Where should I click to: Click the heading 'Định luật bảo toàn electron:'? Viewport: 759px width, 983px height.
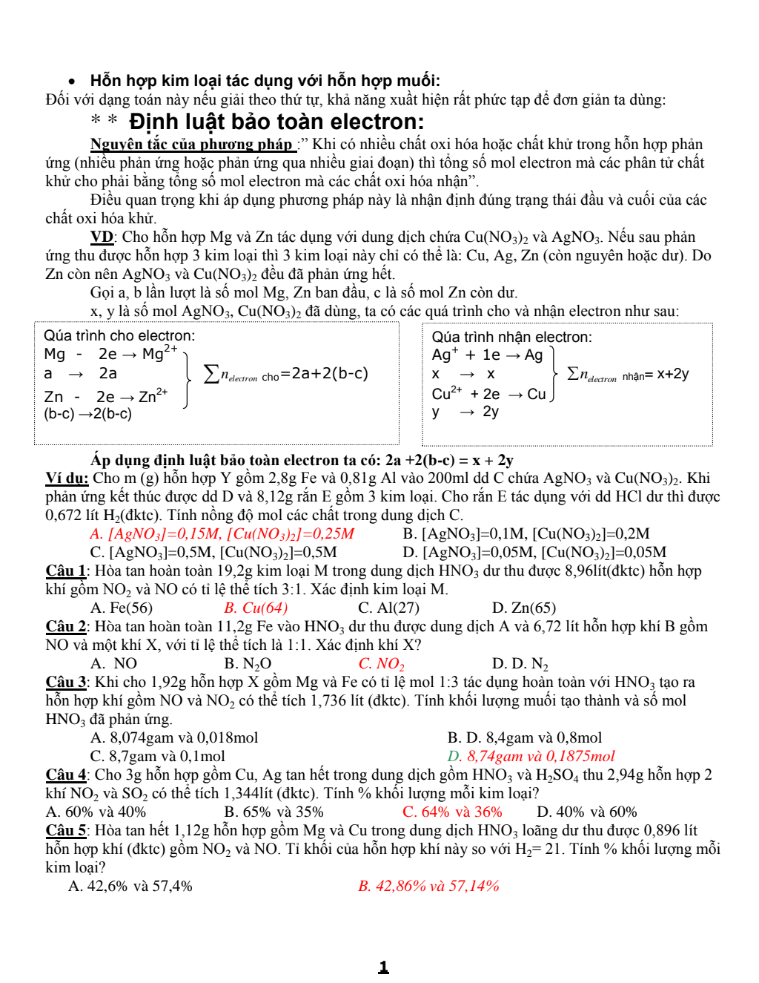tap(276, 122)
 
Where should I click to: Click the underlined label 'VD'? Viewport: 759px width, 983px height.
tap(102, 237)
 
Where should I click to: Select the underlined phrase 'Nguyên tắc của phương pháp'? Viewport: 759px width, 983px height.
tap(191, 144)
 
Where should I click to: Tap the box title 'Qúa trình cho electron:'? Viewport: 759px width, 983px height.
tap(119, 336)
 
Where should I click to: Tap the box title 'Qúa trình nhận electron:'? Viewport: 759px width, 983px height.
tap(511, 338)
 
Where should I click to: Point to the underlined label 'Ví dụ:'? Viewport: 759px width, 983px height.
tap(67, 478)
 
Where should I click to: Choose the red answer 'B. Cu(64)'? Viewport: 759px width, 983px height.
tap(256, 608)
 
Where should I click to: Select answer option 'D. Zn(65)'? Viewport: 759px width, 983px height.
tap(524, 608)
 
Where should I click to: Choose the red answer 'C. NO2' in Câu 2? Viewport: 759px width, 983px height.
tap(381, 663)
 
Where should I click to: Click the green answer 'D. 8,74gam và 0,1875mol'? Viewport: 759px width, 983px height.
tap(531, 756)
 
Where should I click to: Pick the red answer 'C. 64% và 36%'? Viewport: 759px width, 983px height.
tap(452, 812)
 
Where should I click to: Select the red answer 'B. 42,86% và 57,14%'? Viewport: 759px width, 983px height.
tap(428, 886)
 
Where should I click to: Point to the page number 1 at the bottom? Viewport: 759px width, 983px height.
tap(383, 967)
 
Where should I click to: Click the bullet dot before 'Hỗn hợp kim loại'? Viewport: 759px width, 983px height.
tap(72, 82)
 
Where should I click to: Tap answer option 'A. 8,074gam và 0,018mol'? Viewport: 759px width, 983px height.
tap(174, 737)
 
